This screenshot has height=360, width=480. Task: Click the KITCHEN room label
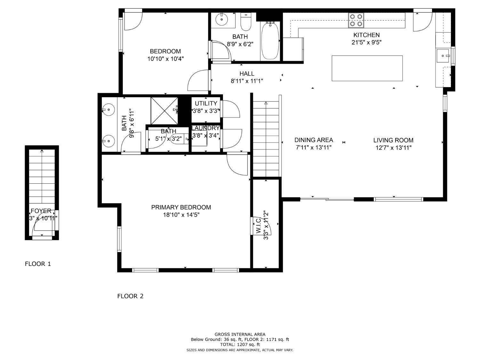click(x=366, y=35)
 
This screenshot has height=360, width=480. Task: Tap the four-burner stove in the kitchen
click(x=356, y=20)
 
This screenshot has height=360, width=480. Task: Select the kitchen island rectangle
click(x=367, y=68)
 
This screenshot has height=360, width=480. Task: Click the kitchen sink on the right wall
click(x=443, y=56)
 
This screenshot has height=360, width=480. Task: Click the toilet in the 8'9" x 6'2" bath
click(x=246, y=21)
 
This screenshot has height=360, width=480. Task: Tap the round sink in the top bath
click(x=222, y=20)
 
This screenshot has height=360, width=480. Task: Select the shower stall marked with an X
click(x=164, y=110)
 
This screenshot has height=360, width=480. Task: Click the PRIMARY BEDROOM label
click(x=181, y=207)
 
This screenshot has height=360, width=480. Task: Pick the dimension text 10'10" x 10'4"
click(x=165, y=59)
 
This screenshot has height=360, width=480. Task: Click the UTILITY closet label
click(x=206, y=103)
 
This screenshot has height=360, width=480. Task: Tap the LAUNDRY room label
click(x=205, y=128)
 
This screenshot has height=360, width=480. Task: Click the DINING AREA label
click(x=314, y=140)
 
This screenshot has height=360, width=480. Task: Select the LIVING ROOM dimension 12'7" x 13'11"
click(x=393, y=148)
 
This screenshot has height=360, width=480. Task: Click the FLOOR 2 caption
click(x=130, y=296)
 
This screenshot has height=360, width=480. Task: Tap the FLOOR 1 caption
click(x=38, y=264)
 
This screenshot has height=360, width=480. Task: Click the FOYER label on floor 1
click(x=41, y=211)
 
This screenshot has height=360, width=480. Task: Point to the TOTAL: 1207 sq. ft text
click(x=240, y=345)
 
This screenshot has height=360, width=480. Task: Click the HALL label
click(x=247, y=74)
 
